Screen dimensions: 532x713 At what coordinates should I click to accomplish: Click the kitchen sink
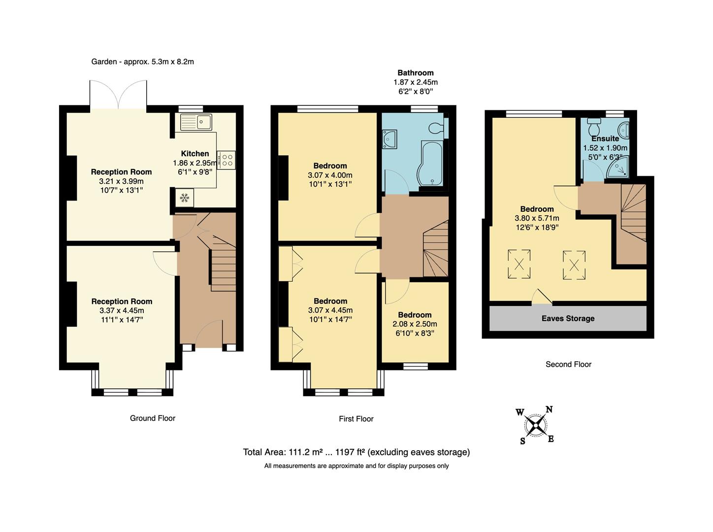tap(195, 122)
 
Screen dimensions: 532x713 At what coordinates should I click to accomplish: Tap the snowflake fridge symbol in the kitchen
tap(185, 198)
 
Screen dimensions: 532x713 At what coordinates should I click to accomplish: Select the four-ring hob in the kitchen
tap(227, 160)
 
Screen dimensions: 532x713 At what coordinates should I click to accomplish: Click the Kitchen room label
tap(195, 154)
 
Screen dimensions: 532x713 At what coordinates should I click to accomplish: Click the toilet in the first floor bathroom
tap(435, 128)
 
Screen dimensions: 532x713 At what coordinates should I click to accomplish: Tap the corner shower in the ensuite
tap(618, 167)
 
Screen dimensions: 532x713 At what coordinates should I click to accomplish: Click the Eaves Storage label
tap(568, 319)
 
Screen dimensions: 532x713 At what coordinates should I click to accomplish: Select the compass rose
tap(535, 425)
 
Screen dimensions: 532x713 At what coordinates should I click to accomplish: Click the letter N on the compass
tap(549, 409)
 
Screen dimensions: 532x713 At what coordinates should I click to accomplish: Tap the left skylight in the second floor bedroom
tap(519, 264)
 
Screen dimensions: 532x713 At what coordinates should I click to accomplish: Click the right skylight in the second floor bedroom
tap(574, 265)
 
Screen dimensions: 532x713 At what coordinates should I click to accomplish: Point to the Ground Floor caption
tap(153, 418)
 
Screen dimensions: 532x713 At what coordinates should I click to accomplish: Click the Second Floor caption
tap(568, 365)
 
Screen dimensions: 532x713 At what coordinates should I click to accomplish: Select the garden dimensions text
tap(143, 62)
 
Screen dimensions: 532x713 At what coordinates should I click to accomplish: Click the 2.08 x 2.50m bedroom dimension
tap(415, 324)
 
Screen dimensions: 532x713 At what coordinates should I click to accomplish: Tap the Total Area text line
tap(356, 452)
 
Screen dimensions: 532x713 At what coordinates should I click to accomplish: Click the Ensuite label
tap(605, 139)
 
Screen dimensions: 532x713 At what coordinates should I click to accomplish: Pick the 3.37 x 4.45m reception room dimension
tap(122, 311)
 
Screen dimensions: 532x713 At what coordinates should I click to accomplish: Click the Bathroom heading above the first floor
tap(416, 73)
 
